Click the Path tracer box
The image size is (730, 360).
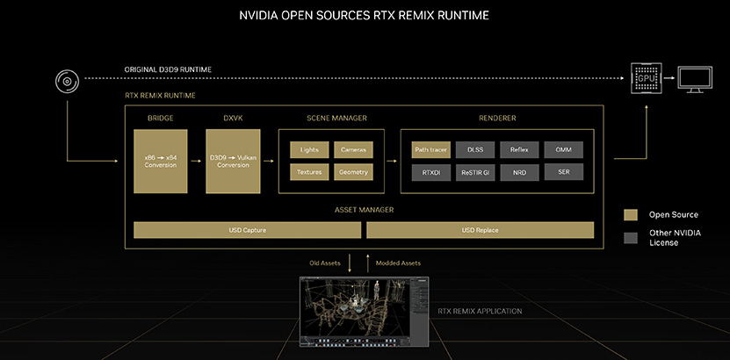coord(431,150)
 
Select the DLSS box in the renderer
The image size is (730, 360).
coord(475,150)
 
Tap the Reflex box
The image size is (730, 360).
coord(519,150)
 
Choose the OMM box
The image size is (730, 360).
coord(563,150)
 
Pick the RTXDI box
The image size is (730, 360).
coord(431,173)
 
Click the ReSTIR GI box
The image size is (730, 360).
coord(475,173)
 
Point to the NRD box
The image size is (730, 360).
coord(519,173)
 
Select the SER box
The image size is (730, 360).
coord(563,172)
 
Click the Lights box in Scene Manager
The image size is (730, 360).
coord(309,150)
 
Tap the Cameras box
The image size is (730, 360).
coord(353,150)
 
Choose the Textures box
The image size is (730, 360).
coord(309,172)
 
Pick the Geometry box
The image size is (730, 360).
coord(353,172)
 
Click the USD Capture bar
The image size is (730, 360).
coord(247,230)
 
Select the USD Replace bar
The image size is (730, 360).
coord(480,230)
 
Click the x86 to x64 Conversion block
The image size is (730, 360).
coord(161,162)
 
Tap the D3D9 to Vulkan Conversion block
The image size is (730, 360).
coord(234,162)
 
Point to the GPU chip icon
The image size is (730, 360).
coord(647,78)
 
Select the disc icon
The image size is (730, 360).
coord(68,82)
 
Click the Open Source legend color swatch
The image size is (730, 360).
coord(631,215)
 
